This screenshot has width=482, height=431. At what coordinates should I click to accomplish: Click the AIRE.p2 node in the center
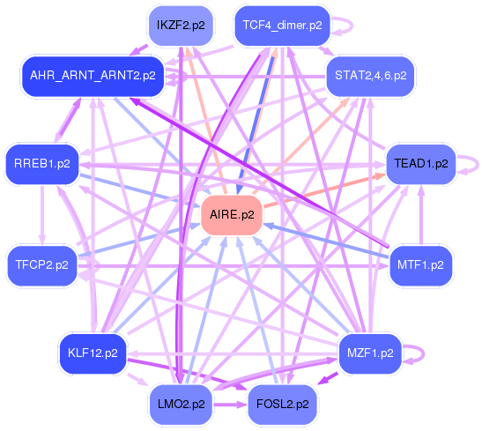tap(232, 215)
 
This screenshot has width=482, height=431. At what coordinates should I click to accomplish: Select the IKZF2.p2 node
tap(181, 26)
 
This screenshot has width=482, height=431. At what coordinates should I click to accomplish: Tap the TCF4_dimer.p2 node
tap(282, 26)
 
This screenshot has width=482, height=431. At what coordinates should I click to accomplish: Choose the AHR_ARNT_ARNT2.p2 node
tap(93, 76)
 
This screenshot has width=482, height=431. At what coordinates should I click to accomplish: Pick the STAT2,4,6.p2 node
tap(370, 76)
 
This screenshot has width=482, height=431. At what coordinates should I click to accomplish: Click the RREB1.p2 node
tap(42, 164)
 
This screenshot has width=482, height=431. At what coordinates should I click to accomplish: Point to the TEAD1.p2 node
tap(421, 164)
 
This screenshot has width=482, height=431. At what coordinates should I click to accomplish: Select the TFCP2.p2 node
tap(42, 265)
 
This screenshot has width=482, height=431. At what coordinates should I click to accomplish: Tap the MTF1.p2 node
tap(420, 265)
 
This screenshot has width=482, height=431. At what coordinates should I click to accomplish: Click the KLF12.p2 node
tap(93, 353)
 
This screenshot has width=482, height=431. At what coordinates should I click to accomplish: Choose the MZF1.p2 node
tap(370, 353)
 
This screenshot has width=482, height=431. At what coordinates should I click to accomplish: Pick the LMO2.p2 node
tap(181, 405)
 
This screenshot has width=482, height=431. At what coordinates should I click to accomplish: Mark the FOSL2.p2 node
tap(282, 405)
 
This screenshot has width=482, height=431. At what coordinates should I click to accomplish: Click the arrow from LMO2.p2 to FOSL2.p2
tap(230, 405)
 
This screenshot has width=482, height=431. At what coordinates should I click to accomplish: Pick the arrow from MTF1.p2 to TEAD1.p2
tap(421, 215)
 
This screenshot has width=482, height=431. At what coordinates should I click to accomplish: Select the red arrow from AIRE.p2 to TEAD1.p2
tap(324, 190)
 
